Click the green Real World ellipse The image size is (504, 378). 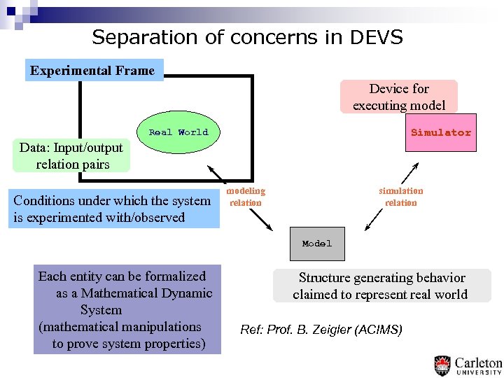pyautogui.click(x=178, y=132)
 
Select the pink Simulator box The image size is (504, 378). pyautogui.click(x=440, y=132)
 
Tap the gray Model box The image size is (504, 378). pyautogui.click(x=317, y=244)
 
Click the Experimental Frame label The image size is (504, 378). pyautogui.click(x=93, y=70)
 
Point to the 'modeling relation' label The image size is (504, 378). pyautogui.click(x=246, y=197)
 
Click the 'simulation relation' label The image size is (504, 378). pyautogui.click(x=401, y=197)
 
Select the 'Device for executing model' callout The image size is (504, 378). pyautogui.click(x=398, y=97)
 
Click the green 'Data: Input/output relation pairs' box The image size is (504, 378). pyautogui.click(x=71, y=155)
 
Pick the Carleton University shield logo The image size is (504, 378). pyautogui.click(x=442, y=365)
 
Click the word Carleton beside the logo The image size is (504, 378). pyautogui.click(x=478, y=363)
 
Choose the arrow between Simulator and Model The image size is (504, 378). pyautogui.click(x=392, y=197)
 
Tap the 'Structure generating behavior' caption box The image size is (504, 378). pyautogui.click(x=381, y=286)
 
